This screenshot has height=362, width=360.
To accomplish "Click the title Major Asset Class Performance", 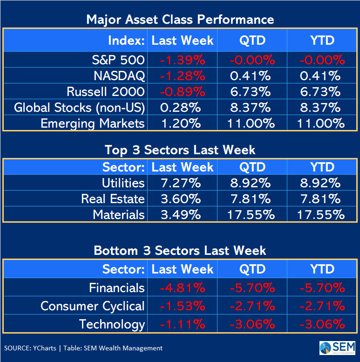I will [x=180, y=20].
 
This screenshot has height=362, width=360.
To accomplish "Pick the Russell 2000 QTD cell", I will [x=252, y=92].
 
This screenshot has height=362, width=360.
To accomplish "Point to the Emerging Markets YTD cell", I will [x=322, y=123].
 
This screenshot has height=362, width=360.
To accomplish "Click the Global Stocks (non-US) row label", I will [x=80, y=108].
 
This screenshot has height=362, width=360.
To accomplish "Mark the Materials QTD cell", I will [x=252, y=215].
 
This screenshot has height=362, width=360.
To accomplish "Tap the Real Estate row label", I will [x=113, y=199].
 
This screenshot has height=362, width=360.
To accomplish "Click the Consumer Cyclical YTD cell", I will [x=322, y=306].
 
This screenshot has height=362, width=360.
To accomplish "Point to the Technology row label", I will [x=112, y=324].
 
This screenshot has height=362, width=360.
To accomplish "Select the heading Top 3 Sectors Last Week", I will [x=180, y=150].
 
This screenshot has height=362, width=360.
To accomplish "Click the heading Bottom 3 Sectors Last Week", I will [x=180, y=251].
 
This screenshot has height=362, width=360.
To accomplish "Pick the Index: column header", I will [x=126, y=41].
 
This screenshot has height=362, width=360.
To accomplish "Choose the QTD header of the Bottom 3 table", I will [x=252, y=269].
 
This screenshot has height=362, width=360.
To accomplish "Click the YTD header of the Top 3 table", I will [x=322, y=167].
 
